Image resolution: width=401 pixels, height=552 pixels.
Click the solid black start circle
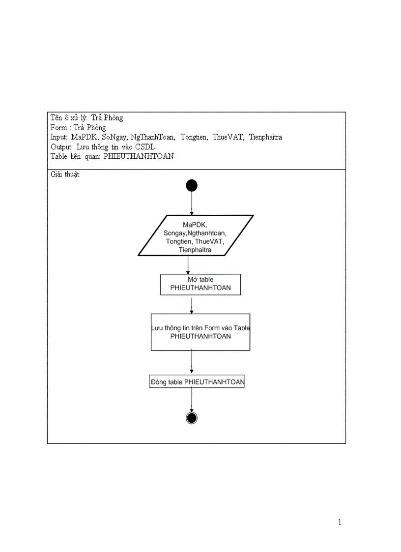pyautogui.click(x=192, y=185)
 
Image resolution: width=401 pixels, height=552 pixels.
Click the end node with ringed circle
pyautogui.click(x=192, y=418)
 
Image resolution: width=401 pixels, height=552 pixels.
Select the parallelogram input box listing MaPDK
pyautogui.click(x=196, y=235)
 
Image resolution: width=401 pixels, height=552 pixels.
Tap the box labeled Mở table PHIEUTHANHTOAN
pyautogui.click(x=200, y=285)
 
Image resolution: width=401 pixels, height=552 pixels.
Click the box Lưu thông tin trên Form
pyautogui.click(x=200, y=332)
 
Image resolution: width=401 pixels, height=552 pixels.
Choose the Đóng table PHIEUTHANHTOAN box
pyautogui.click(x=197, y=381)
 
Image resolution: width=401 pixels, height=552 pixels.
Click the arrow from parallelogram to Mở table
pyautogui.click(x=188, y=265)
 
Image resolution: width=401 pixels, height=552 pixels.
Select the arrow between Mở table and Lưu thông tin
pyautogui.click(x=192, y=304)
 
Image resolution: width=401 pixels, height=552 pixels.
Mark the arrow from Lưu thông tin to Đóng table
pyautogui.click(x=192, y=363)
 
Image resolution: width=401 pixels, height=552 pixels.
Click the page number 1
pyautogui.click(x=340, y=522)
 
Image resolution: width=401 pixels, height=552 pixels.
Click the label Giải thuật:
pyautogui.click(x=65, y=174)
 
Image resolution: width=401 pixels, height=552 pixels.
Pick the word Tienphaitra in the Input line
pyautogui.click(x=265, y=137)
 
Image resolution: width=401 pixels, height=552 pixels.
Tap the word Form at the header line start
pyautogui.click(x=58, y=127)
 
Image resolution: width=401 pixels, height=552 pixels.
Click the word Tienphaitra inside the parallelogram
pyautogui.click(x=195, y=250)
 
